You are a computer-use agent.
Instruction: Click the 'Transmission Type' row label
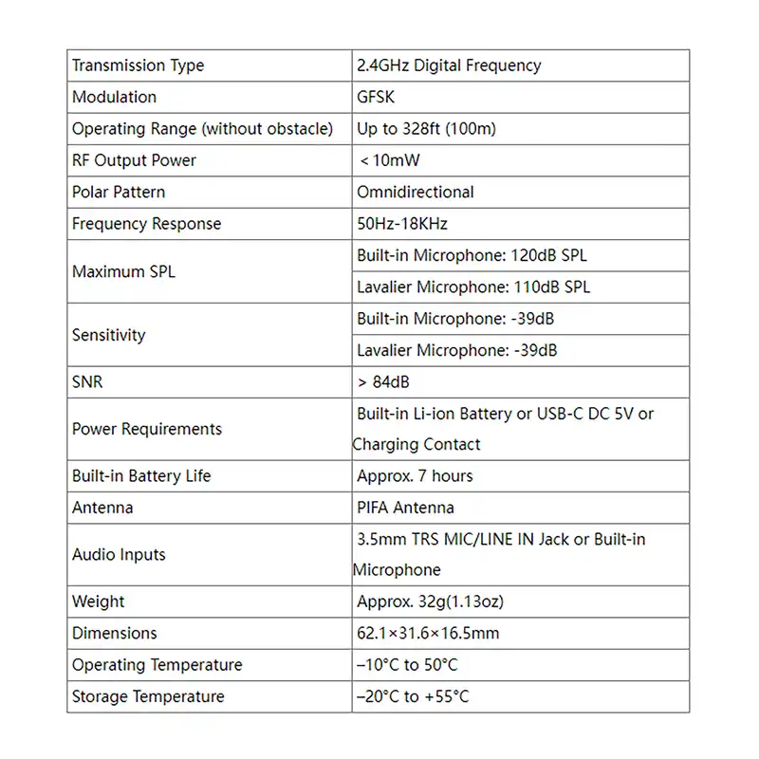[x=138, y=65]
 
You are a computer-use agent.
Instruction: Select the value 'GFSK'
[x=376, y=97]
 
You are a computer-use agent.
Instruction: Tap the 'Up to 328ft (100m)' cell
[x=426, y=129]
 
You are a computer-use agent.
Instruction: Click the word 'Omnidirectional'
[x=415, y=192]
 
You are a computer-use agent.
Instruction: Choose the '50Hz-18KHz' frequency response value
[x=401, y=224]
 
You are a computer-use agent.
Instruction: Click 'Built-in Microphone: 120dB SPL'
[x=472, y=255]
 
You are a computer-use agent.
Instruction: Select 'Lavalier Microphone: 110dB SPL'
[x=472, y=287]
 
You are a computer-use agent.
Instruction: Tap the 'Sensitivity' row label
[x=108, y=335]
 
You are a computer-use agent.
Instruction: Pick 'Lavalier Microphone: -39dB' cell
[x=456, y=350]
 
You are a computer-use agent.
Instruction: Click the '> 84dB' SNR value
[x=383, y=382]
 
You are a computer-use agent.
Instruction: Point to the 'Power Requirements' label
[x=146, y=429]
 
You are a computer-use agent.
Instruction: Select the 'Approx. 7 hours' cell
[x=414, y=475]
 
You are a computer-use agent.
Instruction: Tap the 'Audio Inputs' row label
[x=119, y=554]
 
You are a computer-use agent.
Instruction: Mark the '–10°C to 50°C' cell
[x=407, y=665]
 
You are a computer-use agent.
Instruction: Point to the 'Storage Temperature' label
[x=148, y=696]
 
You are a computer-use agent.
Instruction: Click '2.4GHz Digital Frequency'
[x=449, y=65]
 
